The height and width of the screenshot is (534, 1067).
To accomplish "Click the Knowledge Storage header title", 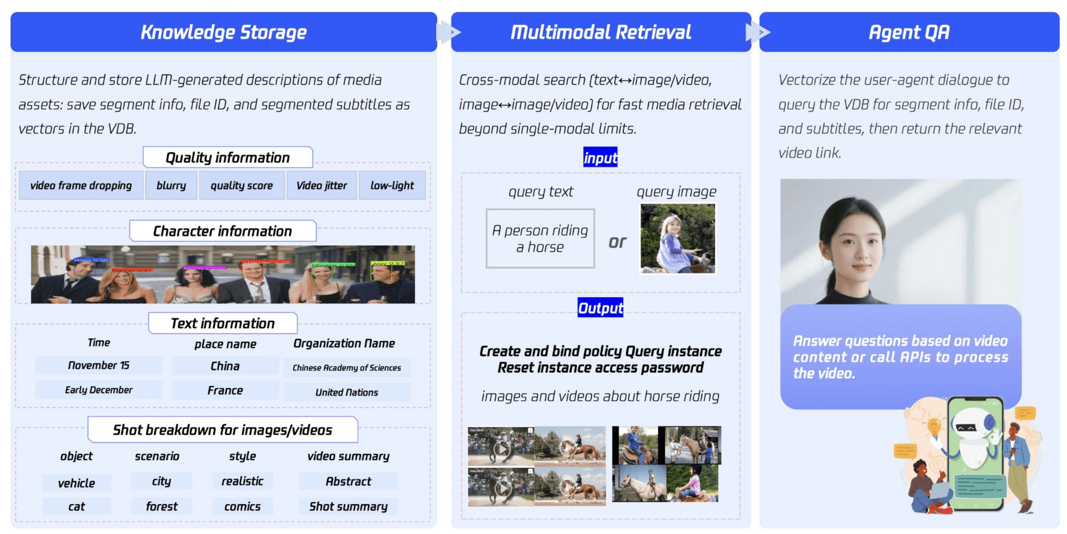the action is click(224, 32).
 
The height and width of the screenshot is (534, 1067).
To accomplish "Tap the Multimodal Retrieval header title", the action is click(601, 32).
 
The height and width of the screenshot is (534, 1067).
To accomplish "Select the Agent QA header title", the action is click(909, 32).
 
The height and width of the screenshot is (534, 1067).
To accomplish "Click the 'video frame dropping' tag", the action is click(81, 185).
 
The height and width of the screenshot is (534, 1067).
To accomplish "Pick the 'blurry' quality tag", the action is click(171, 185).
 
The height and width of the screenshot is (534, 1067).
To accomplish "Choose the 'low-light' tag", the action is click(392, 185).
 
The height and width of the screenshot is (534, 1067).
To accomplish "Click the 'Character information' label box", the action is click(223, 231).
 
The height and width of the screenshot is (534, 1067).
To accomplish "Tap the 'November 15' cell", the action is click(98, 365).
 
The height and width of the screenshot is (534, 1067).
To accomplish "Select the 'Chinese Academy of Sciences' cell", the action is click(347, 368).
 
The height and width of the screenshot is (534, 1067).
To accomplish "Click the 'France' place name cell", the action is click(225, 390).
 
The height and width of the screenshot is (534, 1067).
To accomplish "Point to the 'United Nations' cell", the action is click(347, 392).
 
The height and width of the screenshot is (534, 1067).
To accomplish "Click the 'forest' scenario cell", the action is click(161, 506).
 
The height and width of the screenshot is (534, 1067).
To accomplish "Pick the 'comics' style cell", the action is click(242, 506).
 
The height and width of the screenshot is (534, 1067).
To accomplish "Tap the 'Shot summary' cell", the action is click(348, 506).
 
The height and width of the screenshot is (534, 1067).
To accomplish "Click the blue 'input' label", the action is click(600, 158).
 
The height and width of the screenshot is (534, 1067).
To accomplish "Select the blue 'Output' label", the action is click(600, 308).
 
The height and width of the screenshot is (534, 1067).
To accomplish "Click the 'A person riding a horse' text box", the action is click(540, 239).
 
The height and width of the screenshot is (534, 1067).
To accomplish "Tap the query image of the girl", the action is click(677, 239).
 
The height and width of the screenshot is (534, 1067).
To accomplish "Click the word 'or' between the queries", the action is click(617, 242).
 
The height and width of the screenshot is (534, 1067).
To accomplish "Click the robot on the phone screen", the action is click(974, 440).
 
